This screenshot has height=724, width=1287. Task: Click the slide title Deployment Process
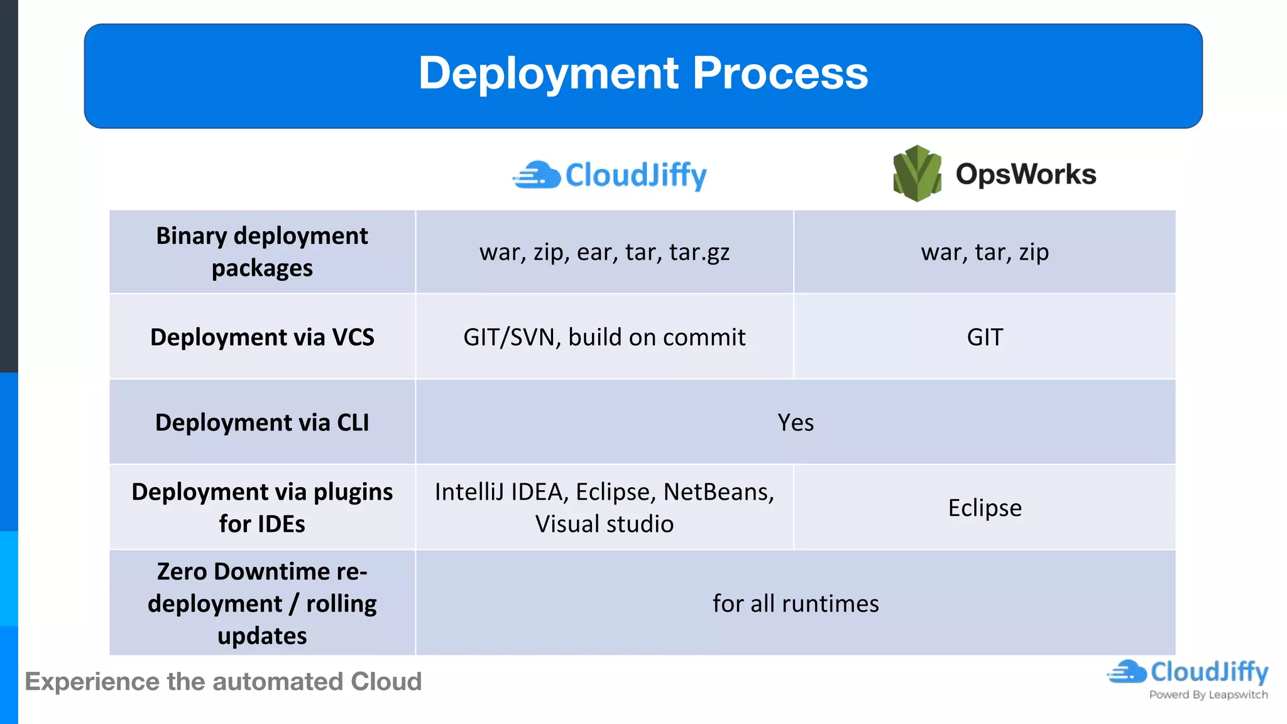643,74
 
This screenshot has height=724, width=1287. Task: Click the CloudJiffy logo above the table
610,175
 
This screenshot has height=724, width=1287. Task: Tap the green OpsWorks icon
917,173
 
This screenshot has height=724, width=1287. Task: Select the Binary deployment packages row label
262,252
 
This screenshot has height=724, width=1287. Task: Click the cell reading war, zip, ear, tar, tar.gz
604,252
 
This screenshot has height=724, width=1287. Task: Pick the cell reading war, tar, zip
985,252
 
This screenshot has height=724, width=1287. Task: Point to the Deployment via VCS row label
262,337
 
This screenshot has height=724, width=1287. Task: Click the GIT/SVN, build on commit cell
604,337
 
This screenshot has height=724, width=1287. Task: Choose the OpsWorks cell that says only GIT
985,337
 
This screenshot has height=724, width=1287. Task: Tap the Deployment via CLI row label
262,422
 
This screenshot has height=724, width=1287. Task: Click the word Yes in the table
796,422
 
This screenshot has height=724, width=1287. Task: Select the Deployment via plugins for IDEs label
262,508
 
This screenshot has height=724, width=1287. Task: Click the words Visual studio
604,524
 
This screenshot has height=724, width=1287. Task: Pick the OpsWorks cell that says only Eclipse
985,508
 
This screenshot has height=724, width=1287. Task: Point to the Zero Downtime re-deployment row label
262,603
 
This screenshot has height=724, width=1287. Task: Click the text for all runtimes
796,603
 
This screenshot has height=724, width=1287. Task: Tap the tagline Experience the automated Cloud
223,682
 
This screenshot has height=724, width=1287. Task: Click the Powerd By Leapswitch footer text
1208,694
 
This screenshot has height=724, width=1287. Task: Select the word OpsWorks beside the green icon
1026,174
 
